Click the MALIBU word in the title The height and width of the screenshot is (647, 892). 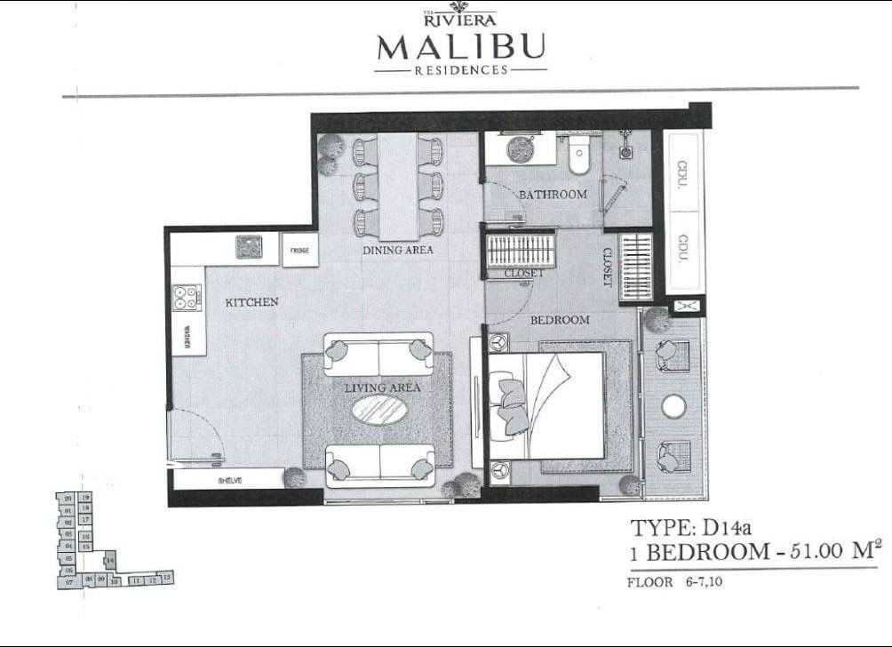click(461, 46)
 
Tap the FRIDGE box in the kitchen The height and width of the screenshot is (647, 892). click(299, 251)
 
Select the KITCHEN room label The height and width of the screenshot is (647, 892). click(251, 302)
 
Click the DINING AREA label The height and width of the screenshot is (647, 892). click(397, 251)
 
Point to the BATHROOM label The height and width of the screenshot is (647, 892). click(553, 195)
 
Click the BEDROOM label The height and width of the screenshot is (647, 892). click(560, 320)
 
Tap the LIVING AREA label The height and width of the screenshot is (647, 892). click(383, 387)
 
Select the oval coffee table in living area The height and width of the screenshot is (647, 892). click(379, 410)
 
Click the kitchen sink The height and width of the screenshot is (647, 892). click(249, 246)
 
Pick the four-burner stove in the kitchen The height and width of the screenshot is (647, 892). click(187, 297)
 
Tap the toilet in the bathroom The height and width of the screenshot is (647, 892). click(579, 156)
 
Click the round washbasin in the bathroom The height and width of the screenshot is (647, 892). click(520, 148)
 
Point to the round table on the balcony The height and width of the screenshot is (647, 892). click(673, 406)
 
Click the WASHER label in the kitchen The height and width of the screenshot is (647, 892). click(187, 338)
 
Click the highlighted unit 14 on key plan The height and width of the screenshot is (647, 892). click(109, 561)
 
